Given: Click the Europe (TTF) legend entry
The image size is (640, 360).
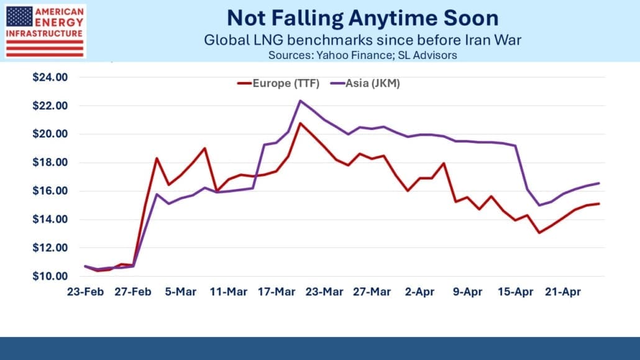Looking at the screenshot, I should click(278, 84).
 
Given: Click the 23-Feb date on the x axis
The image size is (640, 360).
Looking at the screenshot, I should click(86, 292).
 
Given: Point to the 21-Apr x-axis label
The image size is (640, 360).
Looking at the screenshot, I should click(564, 292).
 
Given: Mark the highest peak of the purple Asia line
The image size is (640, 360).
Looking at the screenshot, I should click(301, 101).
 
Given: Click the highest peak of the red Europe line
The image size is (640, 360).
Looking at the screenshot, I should click(301, 123).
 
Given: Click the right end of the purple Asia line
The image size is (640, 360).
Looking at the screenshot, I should click(599, 183).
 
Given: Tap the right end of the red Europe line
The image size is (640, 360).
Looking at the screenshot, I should click(599, 203).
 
